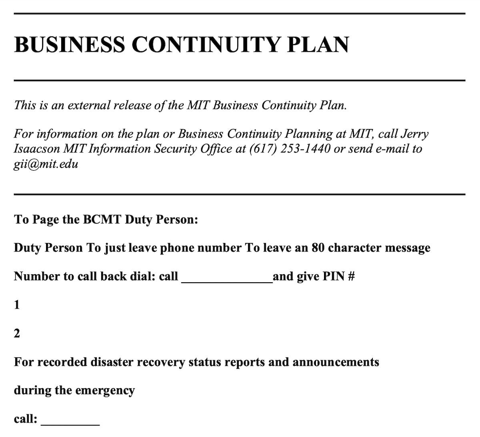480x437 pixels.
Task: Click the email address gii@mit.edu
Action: click(46, 164)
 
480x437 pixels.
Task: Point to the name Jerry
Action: click(414, 134)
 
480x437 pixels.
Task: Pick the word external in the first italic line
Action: click(90, 105)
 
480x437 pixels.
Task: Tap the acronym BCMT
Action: click(102, 219)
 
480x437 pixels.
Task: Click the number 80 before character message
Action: click(318, 248)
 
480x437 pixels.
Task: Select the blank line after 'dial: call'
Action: click(227, 277)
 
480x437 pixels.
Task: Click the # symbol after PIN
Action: click(351, 276)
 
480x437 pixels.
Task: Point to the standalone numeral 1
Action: click(17, 305)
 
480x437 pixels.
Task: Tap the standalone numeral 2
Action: click(17, 333)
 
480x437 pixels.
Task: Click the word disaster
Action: click(112, 362)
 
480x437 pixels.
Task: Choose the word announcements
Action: click(336, 362)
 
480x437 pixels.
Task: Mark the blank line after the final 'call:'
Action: click(70, 420)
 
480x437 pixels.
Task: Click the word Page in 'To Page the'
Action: click(45, 220)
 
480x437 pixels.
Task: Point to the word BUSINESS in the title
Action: click(69, 44)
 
